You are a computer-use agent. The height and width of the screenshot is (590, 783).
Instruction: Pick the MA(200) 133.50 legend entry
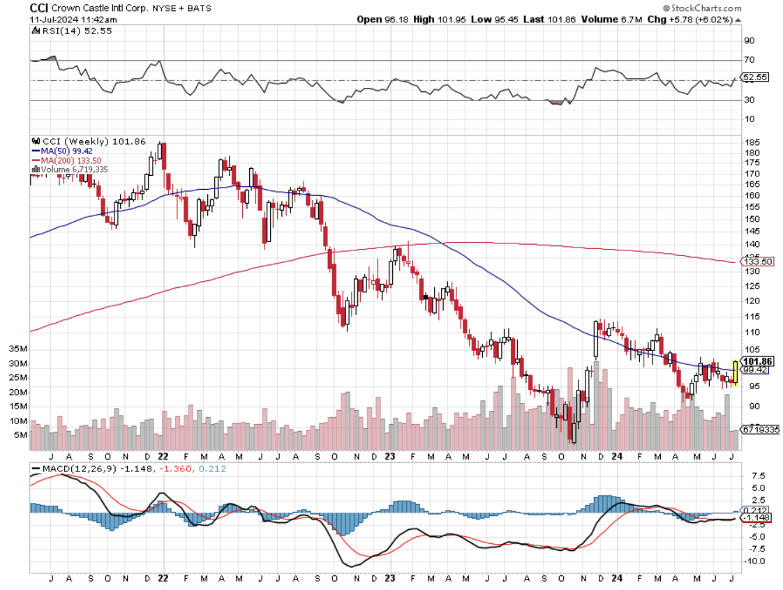68,160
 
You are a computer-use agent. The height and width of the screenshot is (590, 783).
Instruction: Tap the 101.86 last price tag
756,361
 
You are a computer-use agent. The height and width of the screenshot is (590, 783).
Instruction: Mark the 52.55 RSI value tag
756,77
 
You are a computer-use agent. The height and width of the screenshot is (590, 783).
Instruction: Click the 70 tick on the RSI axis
750,60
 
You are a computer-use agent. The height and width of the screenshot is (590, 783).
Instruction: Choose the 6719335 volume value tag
761,430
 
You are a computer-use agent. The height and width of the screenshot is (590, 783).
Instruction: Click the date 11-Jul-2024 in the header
56,20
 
